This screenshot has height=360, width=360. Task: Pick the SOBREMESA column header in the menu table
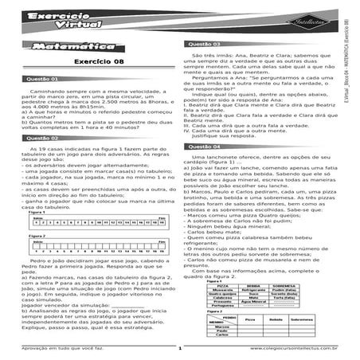tap(280, 285)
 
